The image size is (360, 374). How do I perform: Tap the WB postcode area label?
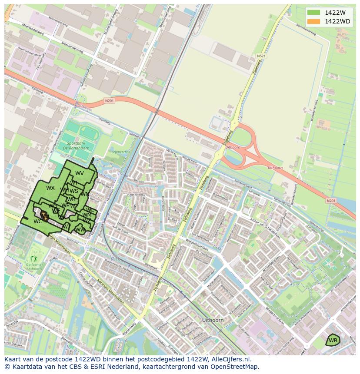[x=333, y=340]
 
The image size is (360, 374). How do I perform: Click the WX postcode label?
[x=50, y=188]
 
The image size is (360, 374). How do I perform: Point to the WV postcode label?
[x=80, y=173]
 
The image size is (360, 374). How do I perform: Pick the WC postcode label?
[x=38, y=221]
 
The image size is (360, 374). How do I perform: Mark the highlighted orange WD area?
[x=44, y=215]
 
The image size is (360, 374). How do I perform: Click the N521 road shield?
[x=261, y=56]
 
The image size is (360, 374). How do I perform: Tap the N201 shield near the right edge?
[x=330, y=201]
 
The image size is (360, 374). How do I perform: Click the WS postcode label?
[x=74, y=191]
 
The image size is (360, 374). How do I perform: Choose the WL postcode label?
[x=90, y=210]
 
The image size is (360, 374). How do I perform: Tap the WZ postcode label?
[x=87, y=221]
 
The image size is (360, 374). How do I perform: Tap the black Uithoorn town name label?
[x=213, y=320]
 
